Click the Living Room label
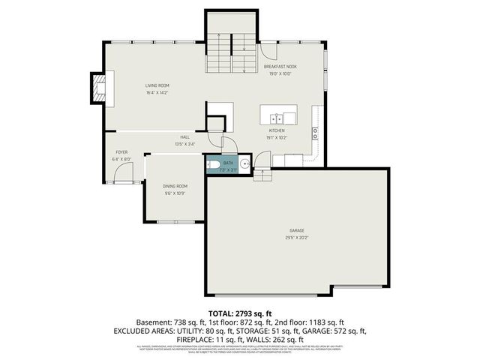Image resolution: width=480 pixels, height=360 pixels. point(157,86)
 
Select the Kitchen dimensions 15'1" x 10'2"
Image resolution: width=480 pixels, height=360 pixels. point(277,137)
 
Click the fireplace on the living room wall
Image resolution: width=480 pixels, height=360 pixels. point(99,86)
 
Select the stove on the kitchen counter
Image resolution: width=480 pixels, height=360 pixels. point(316,134)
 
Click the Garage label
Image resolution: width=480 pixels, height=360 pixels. point(297,230)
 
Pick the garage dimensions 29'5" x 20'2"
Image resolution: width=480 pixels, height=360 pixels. point(297,237)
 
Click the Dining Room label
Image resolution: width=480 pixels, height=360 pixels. point(176,186)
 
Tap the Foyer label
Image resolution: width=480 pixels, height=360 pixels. point(121,152)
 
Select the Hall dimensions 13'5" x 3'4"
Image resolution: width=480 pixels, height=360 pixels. point(184,144)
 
